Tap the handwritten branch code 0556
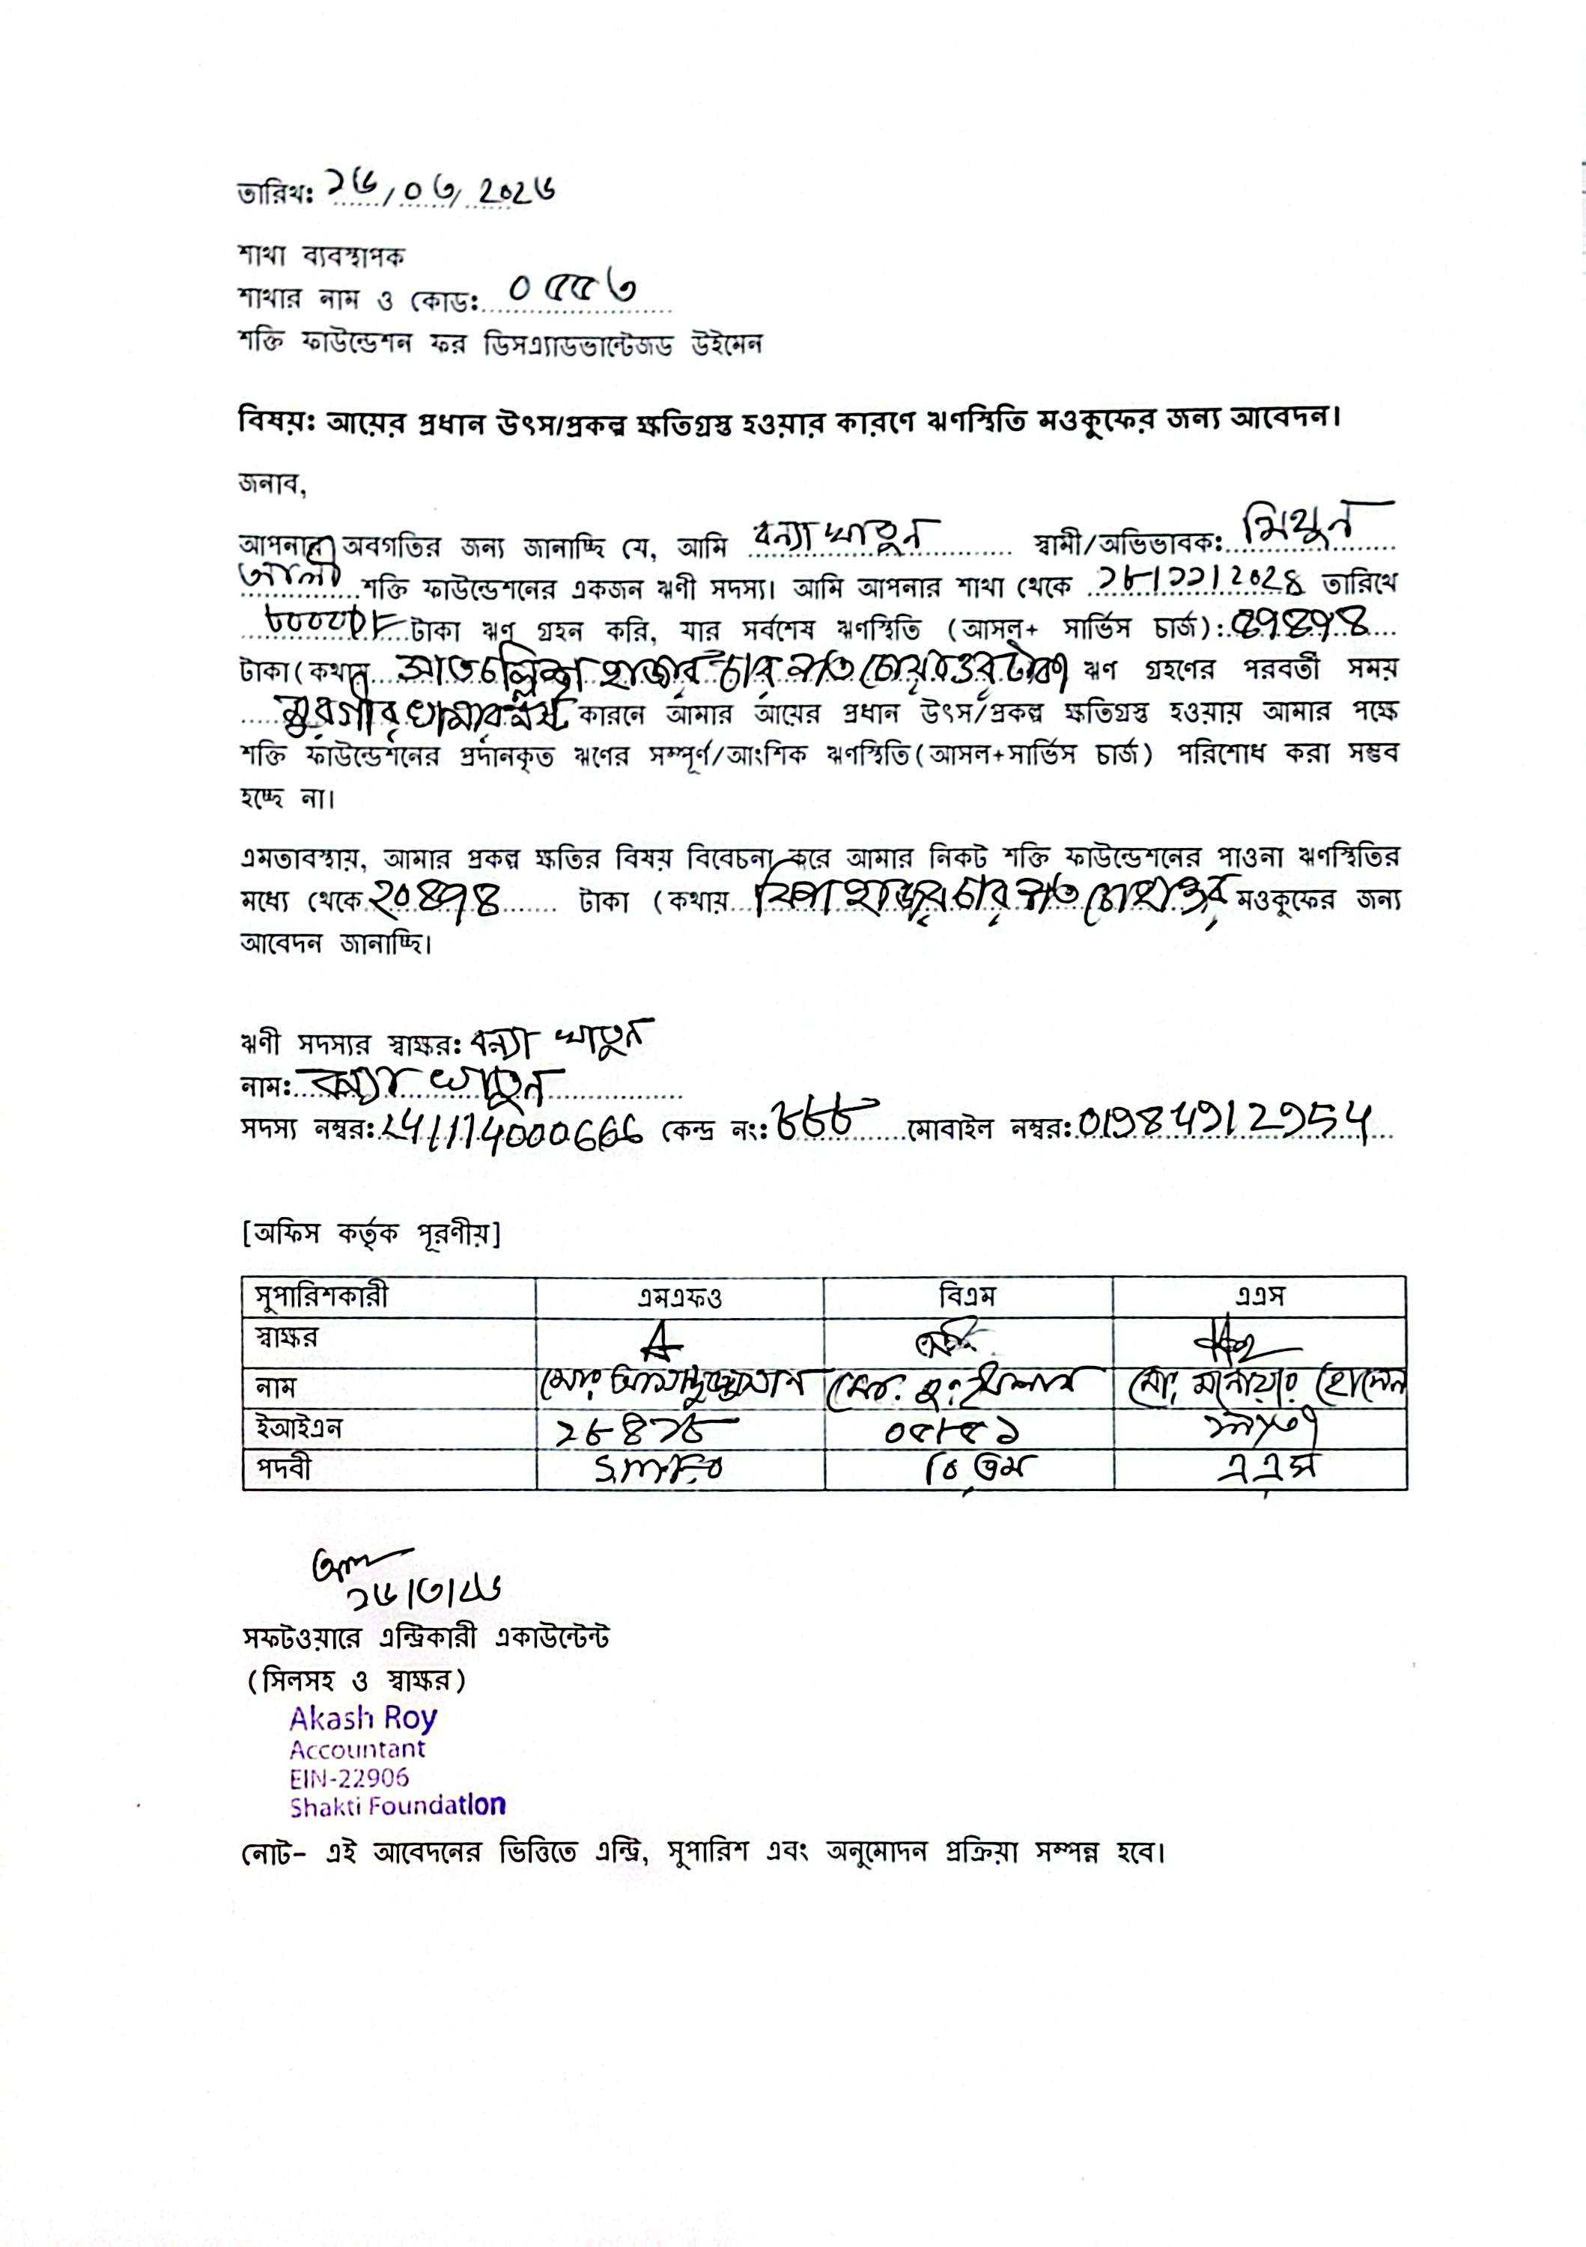[x=573, y=290]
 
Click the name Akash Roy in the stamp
[x=363, y=1718]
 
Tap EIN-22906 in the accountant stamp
[x=348, y=1777]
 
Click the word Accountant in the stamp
[x=357, y=1748]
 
